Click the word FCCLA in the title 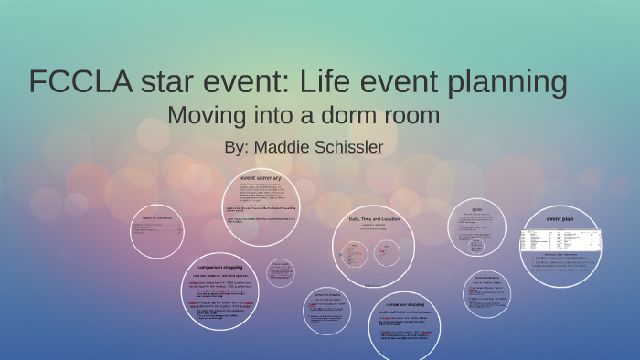pyautogui.click(x=80, y=82)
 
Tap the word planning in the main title pyautogui.click(x=501, y=82)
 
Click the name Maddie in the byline pyautogui.click(x=281, y=146)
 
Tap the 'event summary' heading pyautogui.click(x=261, y=176)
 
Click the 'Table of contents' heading pyautogui.click(x=158, y=217)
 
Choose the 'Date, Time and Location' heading pyautogui.click(x=374, y=218)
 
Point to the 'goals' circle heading pyautogui.click(x=476, y=208)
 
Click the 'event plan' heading pyautogui.click(x=560, y=219)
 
